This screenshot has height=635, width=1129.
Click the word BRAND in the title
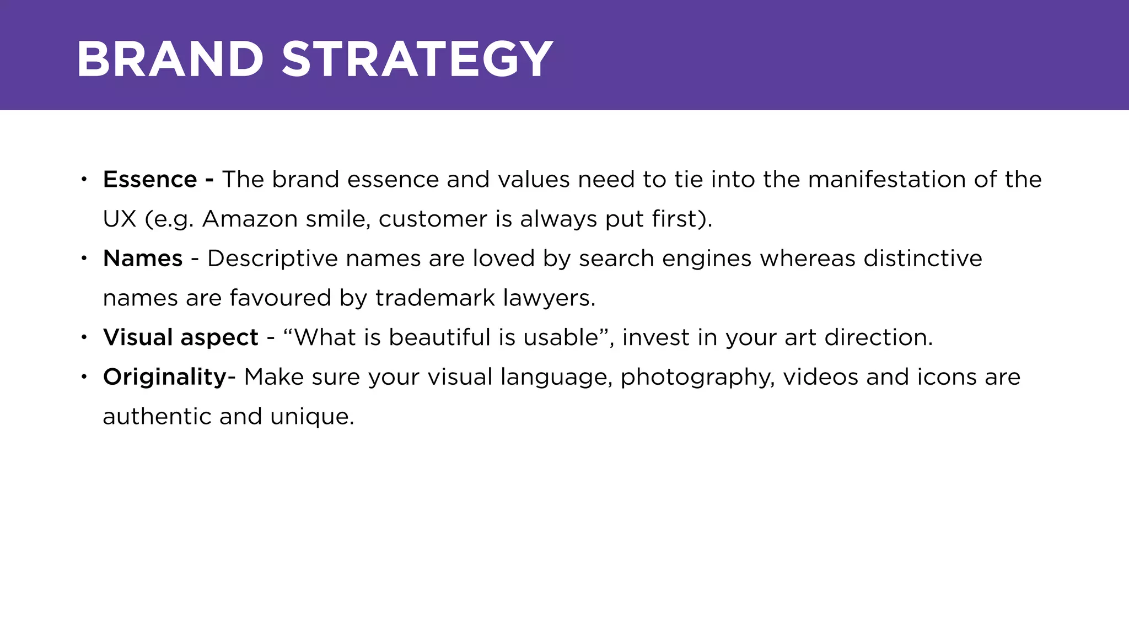coord(170,59)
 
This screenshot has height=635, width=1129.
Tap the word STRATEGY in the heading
coord(417,59)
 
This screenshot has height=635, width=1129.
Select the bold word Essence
coord(150,180)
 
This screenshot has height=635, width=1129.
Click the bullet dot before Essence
coord(84,179)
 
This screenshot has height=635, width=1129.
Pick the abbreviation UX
coord(119,219)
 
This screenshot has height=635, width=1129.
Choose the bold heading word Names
coord(143,259)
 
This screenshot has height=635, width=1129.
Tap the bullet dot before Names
coord(84,258)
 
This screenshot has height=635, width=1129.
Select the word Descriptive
coord(272,259)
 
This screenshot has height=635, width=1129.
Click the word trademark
coord(435,298)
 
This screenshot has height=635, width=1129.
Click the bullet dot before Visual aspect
coord(84,337)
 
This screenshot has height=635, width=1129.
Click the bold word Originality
coord(165,377)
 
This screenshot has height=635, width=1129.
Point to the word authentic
coord(157,417)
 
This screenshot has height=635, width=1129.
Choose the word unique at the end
coord(311,417)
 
